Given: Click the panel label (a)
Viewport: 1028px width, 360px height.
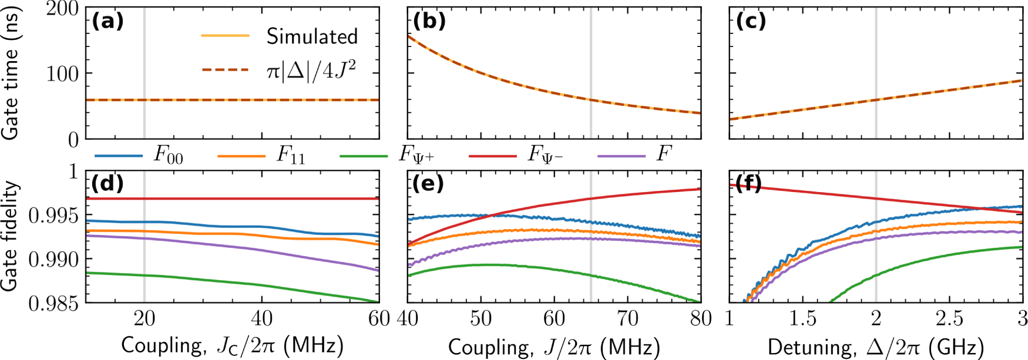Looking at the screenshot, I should point(107,22).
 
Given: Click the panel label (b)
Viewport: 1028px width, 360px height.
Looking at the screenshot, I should point(429,22).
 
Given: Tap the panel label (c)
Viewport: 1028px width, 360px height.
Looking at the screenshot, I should point(751,22).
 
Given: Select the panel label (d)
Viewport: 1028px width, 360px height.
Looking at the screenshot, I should point(107,184).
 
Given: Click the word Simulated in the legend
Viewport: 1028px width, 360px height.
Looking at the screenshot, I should point(312,36).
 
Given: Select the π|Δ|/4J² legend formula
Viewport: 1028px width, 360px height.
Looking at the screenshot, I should point(311,70).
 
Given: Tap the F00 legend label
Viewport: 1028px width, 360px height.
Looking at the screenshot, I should point(168,156).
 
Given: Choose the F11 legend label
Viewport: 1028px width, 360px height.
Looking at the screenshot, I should point(291,156).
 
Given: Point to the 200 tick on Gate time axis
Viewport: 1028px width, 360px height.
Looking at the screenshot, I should point(62,9).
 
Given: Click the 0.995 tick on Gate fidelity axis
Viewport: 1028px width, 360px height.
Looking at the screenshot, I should point(53,216).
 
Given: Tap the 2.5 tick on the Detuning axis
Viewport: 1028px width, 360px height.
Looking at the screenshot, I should point(949,319).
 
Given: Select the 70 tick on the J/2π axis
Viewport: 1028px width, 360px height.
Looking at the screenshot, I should point(627,319).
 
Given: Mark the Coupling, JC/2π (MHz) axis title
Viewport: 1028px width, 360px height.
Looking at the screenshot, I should point(232,346).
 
